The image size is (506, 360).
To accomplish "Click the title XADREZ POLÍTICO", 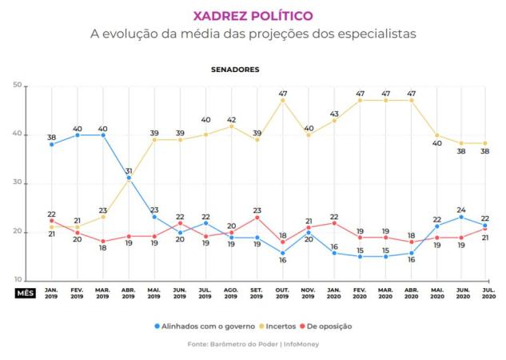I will (253, 15).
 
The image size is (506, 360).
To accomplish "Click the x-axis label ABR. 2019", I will (128, 293).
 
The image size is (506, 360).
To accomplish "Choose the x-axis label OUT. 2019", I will (283, 293).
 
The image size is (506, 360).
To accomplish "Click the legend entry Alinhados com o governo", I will (204, 326).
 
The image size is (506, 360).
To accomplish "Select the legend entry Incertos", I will (281, 326).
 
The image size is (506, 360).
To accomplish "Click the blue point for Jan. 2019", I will (51, 144).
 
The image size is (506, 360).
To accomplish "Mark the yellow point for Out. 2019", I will (283, 100).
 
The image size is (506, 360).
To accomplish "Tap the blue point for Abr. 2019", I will (129, 178).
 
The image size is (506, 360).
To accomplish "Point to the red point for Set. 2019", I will (257, 217).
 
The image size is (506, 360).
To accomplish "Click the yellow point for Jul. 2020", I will (485, 144).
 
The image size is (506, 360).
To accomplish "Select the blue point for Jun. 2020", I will (460, 217).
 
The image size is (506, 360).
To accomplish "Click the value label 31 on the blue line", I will (129, 169).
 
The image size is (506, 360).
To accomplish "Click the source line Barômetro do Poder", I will (253, 344).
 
